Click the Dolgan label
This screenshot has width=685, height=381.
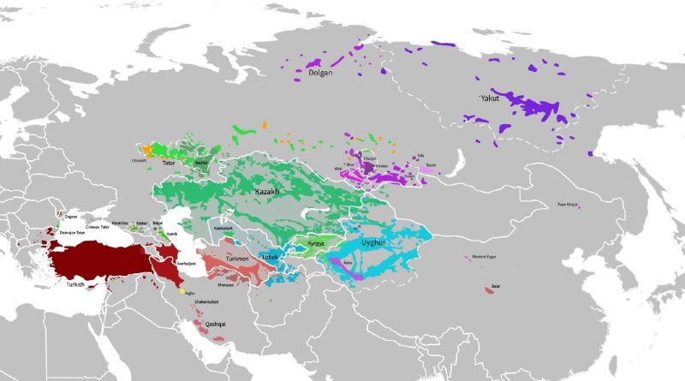pyautogui.click(x=319, y=74)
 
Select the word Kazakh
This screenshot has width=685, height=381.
pyautogui.click(x=271, y=193)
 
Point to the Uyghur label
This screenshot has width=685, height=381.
pyautogui.click(x=373, y=243)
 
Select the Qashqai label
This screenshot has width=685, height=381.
pyautogui.click(x=215, y=324)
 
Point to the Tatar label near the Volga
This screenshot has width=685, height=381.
pyautogui.click(x=169, y=162)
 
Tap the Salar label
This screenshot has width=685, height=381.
pyautogui.click(x=496, y=286)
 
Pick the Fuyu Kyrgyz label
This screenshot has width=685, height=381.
pyautogui.click(x=568, y=205)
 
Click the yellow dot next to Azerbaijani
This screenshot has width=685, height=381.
pyautogui.click(x=182, y=292)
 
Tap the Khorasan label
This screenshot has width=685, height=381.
pyautogui.click(x=226, y=284)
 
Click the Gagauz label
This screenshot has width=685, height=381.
pyautogui.click(x=71, y=217)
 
